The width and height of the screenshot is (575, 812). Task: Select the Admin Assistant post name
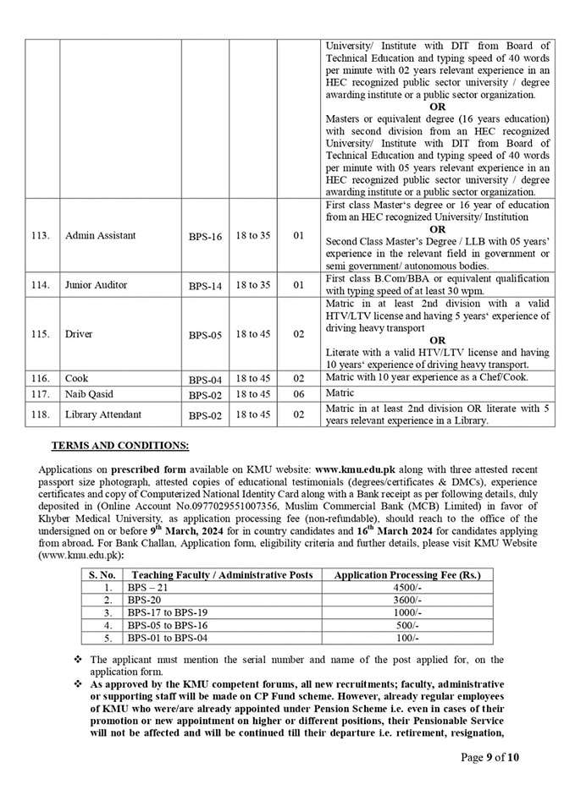pos(100,235)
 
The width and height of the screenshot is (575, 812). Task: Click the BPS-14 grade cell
pos(205,286)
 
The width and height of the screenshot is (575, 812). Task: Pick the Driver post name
pos(80,334)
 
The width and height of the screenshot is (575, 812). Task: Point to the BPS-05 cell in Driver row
pos(205,335)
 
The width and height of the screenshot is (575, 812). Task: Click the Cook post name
pos(76,378)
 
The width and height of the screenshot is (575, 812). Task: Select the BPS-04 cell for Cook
pos(205,379)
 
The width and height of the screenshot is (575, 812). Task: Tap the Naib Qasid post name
pos(88,393)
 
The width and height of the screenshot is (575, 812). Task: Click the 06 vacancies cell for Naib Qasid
pos(298,393)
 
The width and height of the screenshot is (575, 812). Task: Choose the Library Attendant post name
pos(103,414)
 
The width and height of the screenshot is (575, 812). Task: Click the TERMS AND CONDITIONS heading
pos(120,444)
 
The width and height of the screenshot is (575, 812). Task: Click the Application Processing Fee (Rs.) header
pos(407,574)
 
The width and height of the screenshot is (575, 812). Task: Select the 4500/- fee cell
pos(407,586)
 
